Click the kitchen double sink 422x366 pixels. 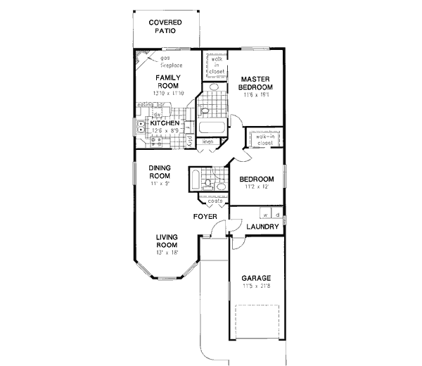tap(141, 127)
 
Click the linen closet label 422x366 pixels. tap(208, 142)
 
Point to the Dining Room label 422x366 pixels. tap(160, 172)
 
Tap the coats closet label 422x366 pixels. tap(215, 201)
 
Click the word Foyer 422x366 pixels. tap(205, 215)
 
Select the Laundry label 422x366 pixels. tap(264, 227)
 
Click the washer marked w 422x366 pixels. tap(266, 213)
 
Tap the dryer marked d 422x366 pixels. tap(277, 213)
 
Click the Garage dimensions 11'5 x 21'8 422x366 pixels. tap(256, 286)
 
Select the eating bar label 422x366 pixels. tap(148, 105)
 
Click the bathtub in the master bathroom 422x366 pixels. tap(211, 129)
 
